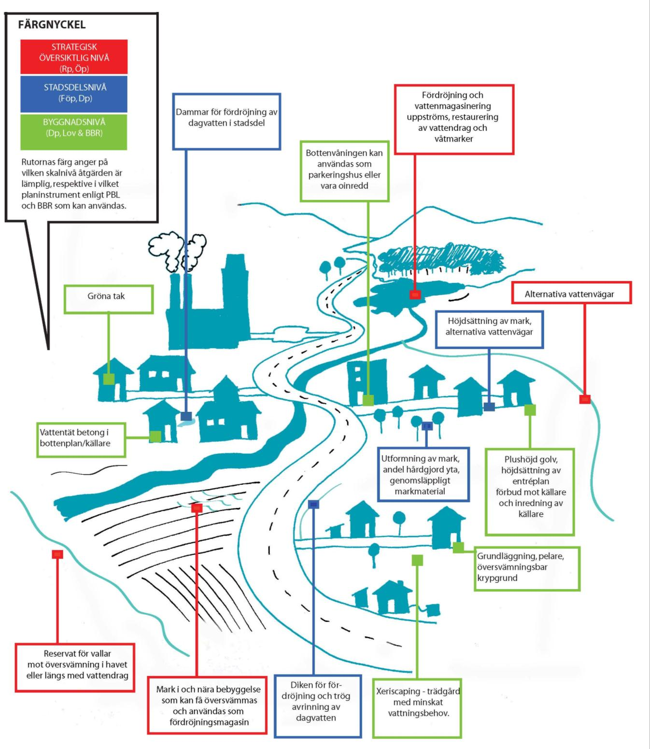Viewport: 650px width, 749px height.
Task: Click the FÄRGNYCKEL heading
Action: (52, 25)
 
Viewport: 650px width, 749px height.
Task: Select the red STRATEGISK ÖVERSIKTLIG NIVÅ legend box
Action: (74, 57)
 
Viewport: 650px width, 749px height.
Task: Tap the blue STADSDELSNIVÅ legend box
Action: (74, 94)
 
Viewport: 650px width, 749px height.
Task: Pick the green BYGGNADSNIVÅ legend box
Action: (74, 132)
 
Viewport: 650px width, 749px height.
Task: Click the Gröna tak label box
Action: (109, 300)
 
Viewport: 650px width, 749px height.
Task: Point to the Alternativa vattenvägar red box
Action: (571, 293)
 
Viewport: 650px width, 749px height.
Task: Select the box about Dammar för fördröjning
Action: (226, 122)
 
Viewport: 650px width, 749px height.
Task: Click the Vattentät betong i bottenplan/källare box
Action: (81, 440)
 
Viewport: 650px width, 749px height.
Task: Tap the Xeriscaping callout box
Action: (417, 708)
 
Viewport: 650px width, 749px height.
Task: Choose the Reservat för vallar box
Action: (75, 667)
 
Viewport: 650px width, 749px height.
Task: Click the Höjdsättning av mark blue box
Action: (489, 329)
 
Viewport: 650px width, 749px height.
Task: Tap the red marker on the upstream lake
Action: (415, 294)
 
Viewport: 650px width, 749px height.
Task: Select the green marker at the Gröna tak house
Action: (109, 379)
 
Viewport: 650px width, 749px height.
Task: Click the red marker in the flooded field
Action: (197, 508)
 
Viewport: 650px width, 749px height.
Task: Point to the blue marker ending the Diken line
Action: (314, 505)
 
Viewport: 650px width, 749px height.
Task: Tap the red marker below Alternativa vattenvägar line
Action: (585, 399)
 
